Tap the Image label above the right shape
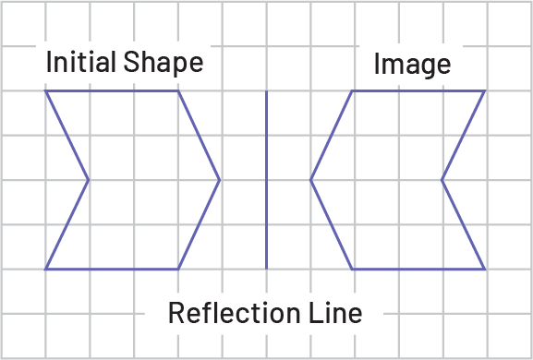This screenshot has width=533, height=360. point(412,65)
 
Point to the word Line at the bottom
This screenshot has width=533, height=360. point(334,313)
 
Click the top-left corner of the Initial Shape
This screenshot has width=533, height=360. point(45,91)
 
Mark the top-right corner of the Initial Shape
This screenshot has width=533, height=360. point(178,91)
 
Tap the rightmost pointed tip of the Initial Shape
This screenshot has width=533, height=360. point(221,180)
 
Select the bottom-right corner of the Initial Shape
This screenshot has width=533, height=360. point(178,269)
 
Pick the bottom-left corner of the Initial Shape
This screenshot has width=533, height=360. point(45,269)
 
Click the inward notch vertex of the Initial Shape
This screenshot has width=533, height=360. point(89,180)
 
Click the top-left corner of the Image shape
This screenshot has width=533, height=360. point(353,91)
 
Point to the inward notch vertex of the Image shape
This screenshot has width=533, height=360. point(442,180)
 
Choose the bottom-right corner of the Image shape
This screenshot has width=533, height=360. point(486,269)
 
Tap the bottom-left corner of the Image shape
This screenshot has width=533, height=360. point(353,269)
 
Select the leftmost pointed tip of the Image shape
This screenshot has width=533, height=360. point(310,180)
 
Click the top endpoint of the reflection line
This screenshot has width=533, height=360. point(266,91)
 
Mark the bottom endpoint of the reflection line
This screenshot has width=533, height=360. point(266,269)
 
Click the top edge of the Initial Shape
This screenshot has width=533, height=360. point(112,91)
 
